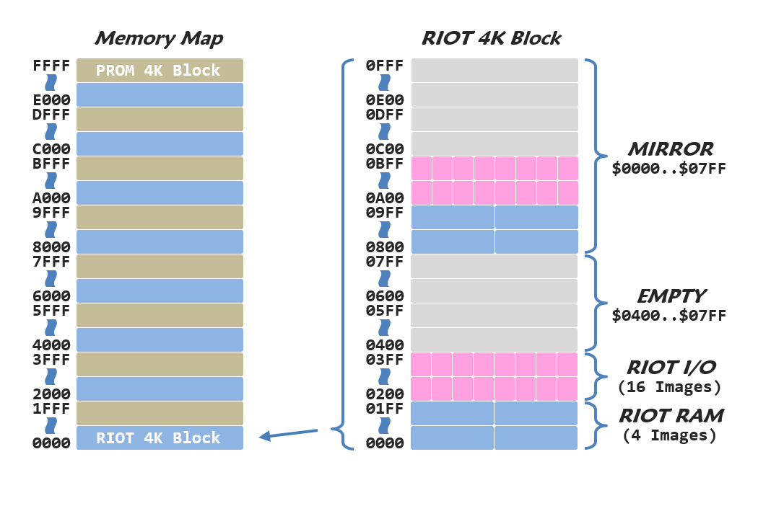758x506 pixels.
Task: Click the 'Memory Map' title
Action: [x=159, y=38]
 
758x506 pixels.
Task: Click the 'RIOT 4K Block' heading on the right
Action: [x=491, y=38]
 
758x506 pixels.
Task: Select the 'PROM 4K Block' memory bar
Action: [x=159, y=71]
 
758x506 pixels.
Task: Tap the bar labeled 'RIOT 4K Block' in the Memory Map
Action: [x=159, y=438]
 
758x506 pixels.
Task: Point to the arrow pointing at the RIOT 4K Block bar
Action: [x=289, y=434]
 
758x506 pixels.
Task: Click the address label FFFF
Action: [x=51, y=66]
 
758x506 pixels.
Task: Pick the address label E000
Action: [x=51, y=100]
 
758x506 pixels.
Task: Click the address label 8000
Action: [x=51, y=247]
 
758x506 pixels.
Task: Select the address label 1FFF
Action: [x=51, y=409]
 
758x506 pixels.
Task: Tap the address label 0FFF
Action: [x=385, y=66]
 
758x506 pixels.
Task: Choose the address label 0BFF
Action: [x=385, y=164]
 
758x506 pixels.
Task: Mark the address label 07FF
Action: [x=385, y=262]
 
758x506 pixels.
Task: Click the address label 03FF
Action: [x=385, y=360]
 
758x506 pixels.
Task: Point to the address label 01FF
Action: [x=385, y=409]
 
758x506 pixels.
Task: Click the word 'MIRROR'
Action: [x=670, y=150]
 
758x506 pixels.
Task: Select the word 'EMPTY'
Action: [x=671, y=297]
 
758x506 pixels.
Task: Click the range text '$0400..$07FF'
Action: [x=669, y=316]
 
